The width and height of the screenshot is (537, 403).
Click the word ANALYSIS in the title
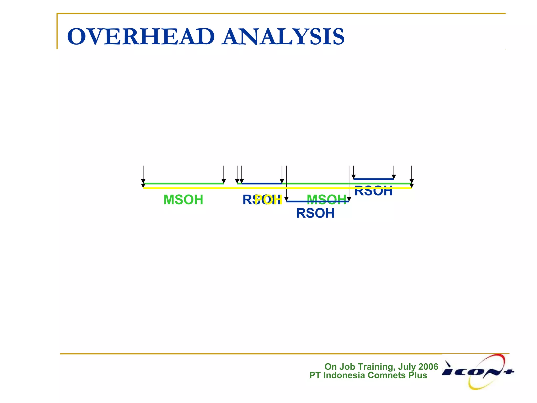283,37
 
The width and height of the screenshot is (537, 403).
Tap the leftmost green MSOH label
183,200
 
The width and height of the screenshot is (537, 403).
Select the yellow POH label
268,200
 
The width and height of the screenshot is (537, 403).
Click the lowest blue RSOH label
315,213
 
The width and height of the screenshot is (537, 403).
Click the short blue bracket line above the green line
373,179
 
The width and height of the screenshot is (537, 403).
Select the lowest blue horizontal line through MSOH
318,201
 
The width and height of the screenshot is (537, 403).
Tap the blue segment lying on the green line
262,184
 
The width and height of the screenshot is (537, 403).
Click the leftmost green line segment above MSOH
183,184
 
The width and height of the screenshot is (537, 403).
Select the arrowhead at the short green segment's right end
224,181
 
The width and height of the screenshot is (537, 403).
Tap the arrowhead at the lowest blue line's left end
287,199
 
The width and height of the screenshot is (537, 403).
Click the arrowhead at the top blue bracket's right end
394,177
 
